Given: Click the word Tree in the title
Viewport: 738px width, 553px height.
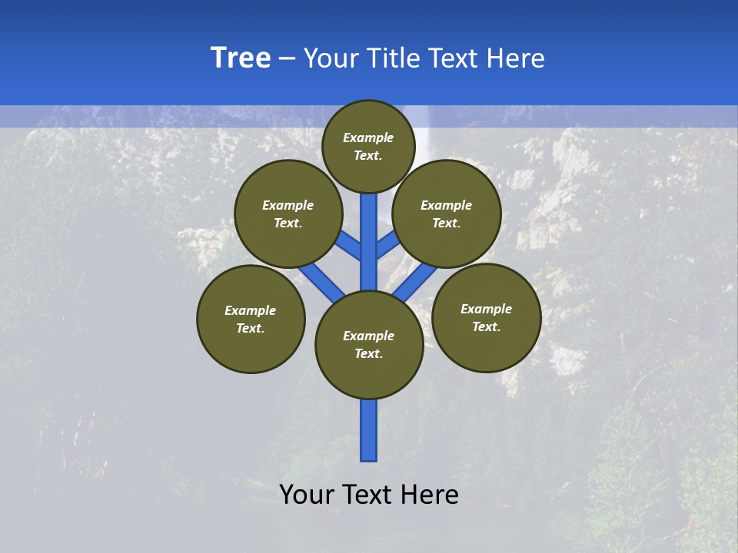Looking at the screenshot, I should tap(241, 58).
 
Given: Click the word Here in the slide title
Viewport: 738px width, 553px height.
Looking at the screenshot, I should tap(516, 58).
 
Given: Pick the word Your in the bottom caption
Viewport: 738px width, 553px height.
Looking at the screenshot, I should tap(307, 495).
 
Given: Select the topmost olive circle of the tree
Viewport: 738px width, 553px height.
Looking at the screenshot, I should tap(368, 146).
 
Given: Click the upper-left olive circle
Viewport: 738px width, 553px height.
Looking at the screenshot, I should tap(288, 214).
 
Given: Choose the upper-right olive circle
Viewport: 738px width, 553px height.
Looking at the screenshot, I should tap(447, 214).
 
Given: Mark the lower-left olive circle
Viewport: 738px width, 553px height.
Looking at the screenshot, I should tap(251, 319).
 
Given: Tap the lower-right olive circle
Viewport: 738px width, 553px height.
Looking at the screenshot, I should tap(486, 317).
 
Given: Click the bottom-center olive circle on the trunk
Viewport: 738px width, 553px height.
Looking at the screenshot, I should tap(369, 345).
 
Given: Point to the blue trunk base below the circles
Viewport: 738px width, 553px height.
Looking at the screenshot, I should tap(369, 430).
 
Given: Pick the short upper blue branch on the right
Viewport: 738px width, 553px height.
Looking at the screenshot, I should tap(387, 245).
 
